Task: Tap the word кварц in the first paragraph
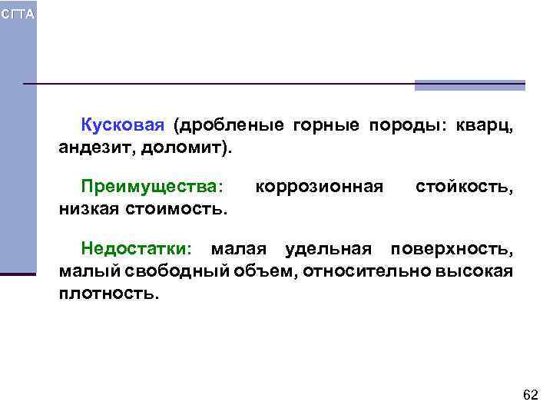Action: tap(483, 125)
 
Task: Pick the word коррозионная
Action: tap(318, 186)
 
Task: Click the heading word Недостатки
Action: tap(136, 249)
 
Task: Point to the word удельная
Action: tap(328, 249)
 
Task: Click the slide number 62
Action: tap(530, 395)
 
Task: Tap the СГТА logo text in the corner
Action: tap(17, 15)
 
